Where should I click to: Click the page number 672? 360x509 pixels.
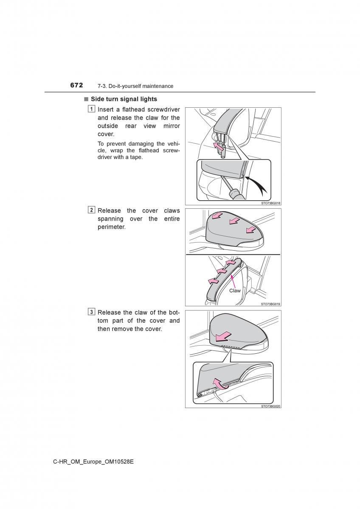(x=76, y=85)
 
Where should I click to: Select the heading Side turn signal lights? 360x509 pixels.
(x=124, y=99)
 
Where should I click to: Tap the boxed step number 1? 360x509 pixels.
(x=92, y=109)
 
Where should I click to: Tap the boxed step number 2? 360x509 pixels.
(x=92, y=210)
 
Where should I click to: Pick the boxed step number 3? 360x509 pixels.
(x=92, y=312)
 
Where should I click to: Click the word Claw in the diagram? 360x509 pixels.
(x=235, y=291)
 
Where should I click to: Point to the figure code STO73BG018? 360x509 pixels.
(x=271, y=203)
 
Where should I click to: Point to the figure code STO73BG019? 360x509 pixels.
(x=271, y=304)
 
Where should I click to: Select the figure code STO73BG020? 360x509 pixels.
(x=271, y=406)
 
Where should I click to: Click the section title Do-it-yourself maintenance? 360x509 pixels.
(x=140, y=86)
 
